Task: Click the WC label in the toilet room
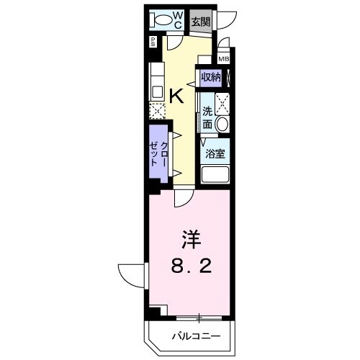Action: [x=178, y=19]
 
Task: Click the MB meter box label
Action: [x=224, y=59]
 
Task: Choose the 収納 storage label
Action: [x=210, y=77]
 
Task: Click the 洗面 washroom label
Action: [x=207, y=117]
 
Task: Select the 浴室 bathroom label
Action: [x=215, y=153]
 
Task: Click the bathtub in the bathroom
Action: [x=215, y=174]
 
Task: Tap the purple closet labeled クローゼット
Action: [x=159, y=155]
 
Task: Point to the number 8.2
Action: [x=191, y=269]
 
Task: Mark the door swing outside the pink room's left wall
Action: [x=132, y=274]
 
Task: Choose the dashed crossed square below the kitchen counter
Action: [x=157, y=111]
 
